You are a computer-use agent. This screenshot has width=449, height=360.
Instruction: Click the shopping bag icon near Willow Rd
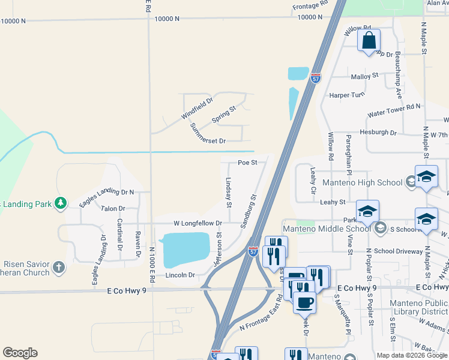(369, 41)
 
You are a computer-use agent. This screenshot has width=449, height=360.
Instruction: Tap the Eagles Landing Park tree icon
(60, 204)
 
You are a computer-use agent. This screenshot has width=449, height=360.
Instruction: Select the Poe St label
(247, 163)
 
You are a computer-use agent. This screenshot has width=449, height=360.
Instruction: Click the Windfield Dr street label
(197, 109)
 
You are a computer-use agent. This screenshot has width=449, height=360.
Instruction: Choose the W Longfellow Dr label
(197, 223)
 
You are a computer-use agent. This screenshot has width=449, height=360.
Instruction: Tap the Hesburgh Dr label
(378, 132)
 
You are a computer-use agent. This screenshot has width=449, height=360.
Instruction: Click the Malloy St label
(365, 76)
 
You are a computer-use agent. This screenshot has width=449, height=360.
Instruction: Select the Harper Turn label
(346, 95)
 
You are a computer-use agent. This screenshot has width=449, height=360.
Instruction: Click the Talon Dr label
(113, 209)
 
